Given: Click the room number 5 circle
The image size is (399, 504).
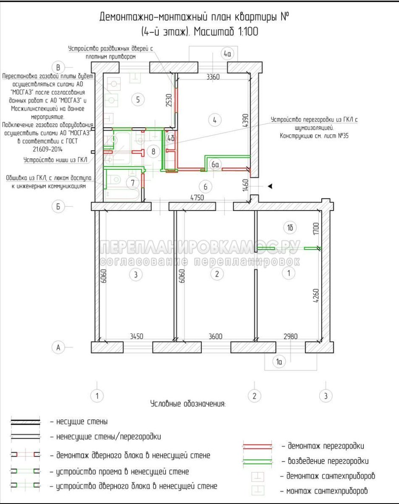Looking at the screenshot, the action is [138, 99].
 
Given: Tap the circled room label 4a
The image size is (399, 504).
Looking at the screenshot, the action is [228, 53].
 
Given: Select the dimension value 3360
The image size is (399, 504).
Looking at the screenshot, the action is [213, 77].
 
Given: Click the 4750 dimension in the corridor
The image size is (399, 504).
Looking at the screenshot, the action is [197, 197].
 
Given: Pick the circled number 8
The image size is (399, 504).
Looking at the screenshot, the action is [153, 151].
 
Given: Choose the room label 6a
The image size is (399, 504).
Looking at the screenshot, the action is [215, 165].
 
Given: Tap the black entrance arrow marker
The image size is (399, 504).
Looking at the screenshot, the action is [270, 186].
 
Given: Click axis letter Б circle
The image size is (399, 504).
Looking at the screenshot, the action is [58, 206].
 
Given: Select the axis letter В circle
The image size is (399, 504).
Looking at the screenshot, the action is [58, 67].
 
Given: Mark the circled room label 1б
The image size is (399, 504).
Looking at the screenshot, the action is [290, 228].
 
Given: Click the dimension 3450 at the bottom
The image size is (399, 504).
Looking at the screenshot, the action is [136, 336].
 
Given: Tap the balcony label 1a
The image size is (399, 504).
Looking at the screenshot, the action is [279, 361].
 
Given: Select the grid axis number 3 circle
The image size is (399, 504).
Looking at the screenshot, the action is [326, 396].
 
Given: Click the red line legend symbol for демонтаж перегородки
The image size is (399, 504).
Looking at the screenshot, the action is [257, 446].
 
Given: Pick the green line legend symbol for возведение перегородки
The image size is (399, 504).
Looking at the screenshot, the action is [257, 461].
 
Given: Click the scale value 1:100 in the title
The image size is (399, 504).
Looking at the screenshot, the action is [248, 31].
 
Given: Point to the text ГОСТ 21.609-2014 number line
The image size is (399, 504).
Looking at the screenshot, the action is [48, 149].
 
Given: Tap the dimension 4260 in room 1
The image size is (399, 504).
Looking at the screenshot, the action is [316, 296].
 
